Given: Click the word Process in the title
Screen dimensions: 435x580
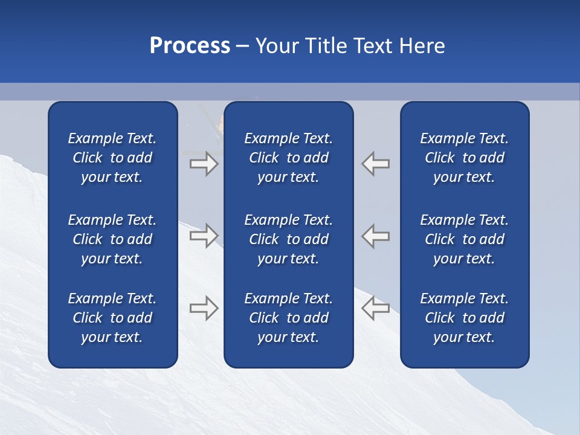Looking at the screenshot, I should pyautogui.click(x=190, y=46).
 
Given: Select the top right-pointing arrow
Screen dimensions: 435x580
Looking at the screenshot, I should pyautogui.click(x=204, y=164).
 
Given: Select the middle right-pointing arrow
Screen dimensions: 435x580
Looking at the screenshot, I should pyautogui.click(x=204, y=235).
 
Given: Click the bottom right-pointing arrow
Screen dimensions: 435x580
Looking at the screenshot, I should pyautogui.click(x=204, y=308).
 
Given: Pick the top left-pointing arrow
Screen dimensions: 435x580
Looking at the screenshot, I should pyautogui.click(x=376, y=164).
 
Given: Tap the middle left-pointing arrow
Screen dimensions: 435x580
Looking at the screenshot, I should pyautogui.click(x=376, y=235).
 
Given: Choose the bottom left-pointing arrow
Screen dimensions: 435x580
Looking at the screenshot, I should pyautogui.click(x=376, y=308).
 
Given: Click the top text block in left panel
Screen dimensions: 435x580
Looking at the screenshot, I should pyautogui.click(x=112, y=158).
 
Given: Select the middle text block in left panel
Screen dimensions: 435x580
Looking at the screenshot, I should pyautogui.click(x=112, y=239).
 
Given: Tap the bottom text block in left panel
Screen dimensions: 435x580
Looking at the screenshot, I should pyautogui.click(x=112, y=318).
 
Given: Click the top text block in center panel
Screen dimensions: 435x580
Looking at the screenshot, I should pyautogui.click(x=288, y=158).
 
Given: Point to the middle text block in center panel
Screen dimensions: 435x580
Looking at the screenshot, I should pyautogui.click(x=288, y=239).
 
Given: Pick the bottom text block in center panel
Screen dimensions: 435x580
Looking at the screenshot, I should pyautogui.click(x=288, y=318).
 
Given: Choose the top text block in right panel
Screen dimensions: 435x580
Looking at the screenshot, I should pyautogui.click(x=464, y=158).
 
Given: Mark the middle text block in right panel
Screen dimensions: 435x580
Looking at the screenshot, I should pyautogui.click(x=464, y=239).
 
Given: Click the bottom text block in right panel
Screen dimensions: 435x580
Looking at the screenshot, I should pyautogui.click(x=464, y=318).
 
